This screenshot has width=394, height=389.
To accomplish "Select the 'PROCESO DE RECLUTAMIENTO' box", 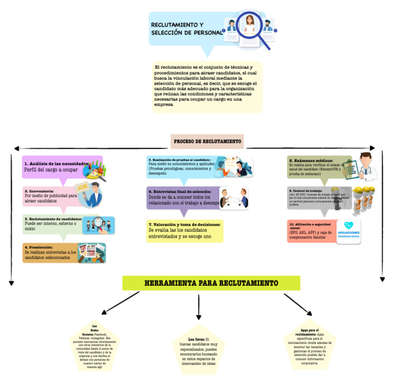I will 207,141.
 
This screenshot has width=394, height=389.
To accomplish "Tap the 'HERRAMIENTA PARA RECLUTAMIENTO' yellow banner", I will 211,283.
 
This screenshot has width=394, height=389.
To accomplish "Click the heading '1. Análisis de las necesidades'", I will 56,163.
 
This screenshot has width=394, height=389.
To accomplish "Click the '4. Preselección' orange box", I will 64,253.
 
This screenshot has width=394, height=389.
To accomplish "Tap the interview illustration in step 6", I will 233,198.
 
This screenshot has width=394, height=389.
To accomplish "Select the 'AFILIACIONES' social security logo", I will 348,232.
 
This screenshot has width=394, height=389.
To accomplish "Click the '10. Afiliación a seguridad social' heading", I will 310,226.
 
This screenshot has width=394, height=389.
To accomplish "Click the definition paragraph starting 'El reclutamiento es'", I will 207,86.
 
